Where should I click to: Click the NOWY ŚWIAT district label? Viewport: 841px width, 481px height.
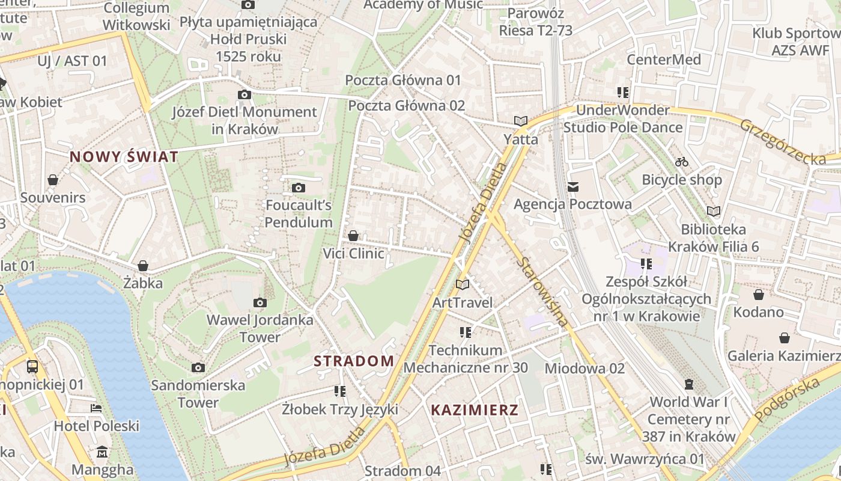pos(124,157)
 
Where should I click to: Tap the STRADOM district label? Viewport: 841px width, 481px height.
pos(354,361)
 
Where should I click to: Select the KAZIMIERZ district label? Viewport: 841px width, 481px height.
pos(475,410)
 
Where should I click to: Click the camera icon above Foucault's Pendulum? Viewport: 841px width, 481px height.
pos(299,188)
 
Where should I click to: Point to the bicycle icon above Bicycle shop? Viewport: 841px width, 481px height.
pos(682,162)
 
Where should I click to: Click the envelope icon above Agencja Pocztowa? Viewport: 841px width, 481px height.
pos(573,187)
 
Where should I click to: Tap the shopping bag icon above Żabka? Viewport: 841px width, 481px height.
pos(143,266)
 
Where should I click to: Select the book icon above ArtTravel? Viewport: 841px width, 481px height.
pos(462,284)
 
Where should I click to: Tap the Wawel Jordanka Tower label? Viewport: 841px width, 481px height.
pos(260,328)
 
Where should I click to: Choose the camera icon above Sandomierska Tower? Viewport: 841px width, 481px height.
pos(198,367)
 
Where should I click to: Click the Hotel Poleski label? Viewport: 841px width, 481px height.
pos(97,426)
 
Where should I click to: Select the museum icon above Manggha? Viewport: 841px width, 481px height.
pos(102,452)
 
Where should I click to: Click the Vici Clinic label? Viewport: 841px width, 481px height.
pos(353,253)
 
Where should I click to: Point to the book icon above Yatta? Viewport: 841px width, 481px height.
pos(521,121)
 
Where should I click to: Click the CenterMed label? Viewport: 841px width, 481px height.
pos(664,60)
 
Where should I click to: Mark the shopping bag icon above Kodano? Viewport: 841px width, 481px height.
pos(759,295)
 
